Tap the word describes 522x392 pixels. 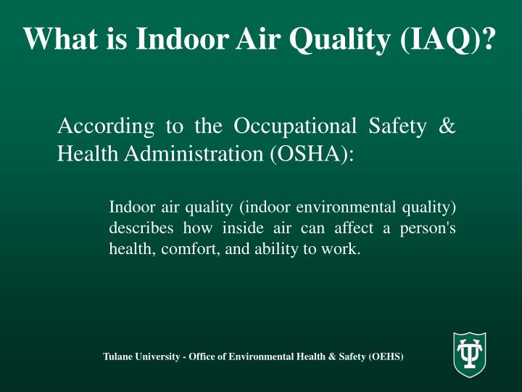[x=141, y=228]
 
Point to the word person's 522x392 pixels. [x=429, y=228]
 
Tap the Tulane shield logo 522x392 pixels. [x=469, y=354]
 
